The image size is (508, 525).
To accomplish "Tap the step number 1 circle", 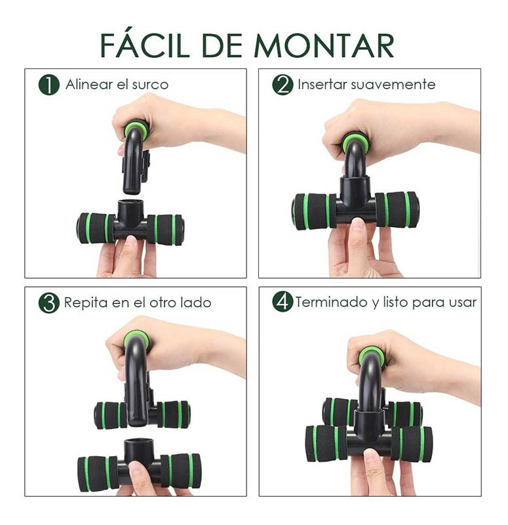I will click(x=49, y=85).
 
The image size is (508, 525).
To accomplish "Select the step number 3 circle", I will click(x=49, y=303).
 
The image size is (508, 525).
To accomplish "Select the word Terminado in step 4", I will click(x=330, y=303).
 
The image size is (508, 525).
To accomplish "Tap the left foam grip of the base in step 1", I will click(x=93, y=228).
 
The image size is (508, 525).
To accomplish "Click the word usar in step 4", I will click(x=463, y=303).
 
